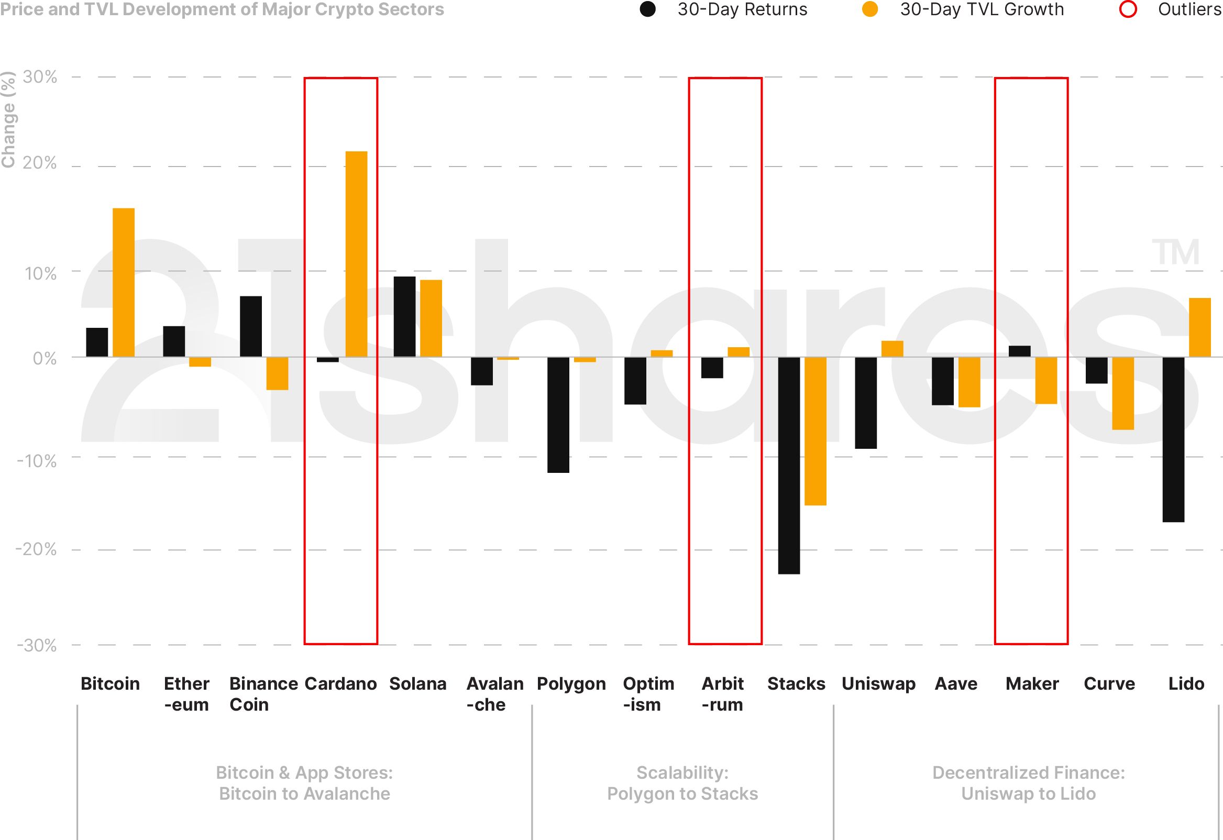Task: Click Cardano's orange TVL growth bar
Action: coord(356,254)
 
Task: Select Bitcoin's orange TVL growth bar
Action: coord(124,283)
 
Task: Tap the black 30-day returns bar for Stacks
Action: coord(789,465)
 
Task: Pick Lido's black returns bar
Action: coord(1174,439)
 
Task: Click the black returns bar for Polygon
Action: coord(558,415)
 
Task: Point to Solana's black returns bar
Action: coord(405,317)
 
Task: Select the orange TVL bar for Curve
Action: coord(1123,393)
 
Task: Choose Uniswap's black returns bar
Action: coord(866,403)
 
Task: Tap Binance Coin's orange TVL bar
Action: coord(277,373)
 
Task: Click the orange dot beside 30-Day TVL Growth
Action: coord(870,9)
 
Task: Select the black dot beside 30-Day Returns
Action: coord(648,9)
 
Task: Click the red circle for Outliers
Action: coord(1128,9)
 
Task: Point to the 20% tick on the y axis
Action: coord(39,163)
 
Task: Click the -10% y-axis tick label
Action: coord(37,461)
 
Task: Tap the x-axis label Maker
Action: coord(1032,684)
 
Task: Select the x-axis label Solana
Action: coord(418,684)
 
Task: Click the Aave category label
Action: coord(956,684)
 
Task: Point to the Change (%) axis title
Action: coord(8,120)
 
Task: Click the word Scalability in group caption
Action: coord(682,772)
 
